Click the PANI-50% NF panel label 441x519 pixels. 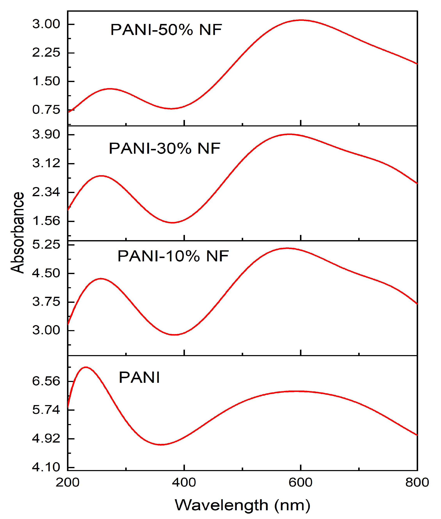click(166, 30)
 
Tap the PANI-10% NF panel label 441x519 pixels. click(173, 256)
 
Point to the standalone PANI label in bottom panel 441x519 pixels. click(139, 377)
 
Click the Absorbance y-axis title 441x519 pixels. click(17, 232)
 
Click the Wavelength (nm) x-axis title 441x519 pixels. click(242, 505)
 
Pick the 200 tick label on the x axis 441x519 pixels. click(67, 482)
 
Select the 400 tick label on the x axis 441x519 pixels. click(184, 482)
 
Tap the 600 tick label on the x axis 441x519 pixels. click(301, 482)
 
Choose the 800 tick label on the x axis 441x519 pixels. click(417, 482)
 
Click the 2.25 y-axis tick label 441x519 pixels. click(46, 53)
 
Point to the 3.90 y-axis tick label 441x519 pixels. click(46, 134)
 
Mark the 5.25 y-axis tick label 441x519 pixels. click(46, 244)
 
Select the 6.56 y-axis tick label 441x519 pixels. click(46, 381)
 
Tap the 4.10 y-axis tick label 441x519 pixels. click(46, 467)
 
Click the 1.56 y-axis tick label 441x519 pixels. click(46, 221)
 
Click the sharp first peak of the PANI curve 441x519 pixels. click(86, 367)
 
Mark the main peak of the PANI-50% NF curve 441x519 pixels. click(301, 20)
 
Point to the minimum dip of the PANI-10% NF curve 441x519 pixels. click(175, 334)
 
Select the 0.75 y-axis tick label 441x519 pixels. click(46, 110)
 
